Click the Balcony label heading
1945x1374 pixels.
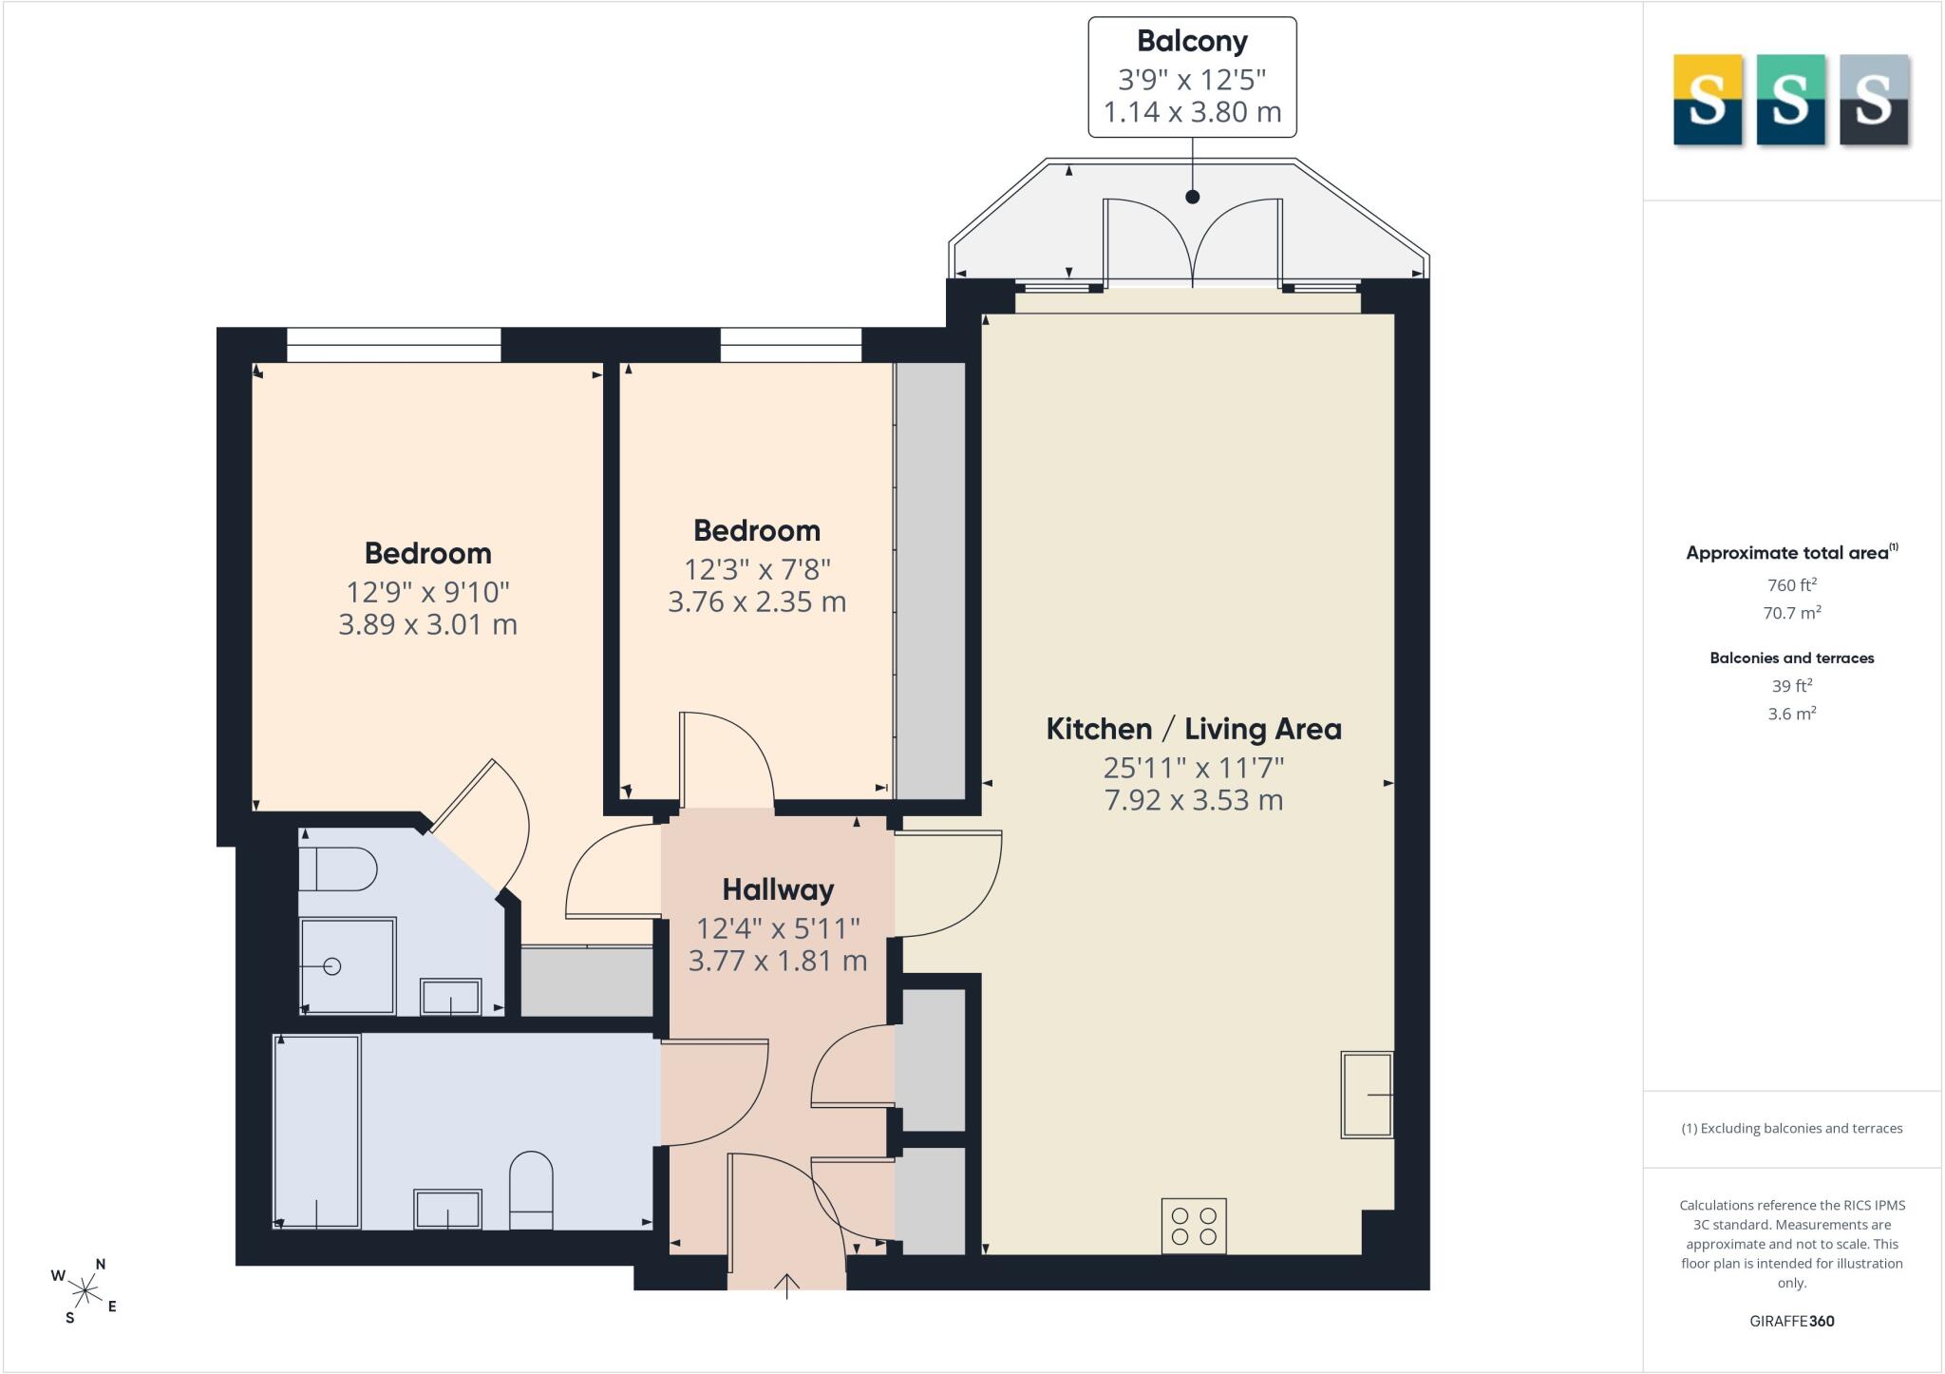[1192, 42]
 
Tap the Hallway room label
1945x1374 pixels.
[778, 890]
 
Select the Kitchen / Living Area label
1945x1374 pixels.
[1194, 729]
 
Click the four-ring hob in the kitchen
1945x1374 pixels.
[1194, 1226]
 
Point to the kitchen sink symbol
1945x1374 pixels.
[1367, 1095]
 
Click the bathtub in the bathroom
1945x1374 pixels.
[317, 1132]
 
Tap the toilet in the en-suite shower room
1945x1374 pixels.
[338, 869]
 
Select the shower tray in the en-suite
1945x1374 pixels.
[347, 966]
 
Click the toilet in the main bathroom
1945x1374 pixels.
[531, 1191]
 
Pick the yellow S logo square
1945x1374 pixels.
[1708, 100]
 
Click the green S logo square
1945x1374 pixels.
[1790, 100]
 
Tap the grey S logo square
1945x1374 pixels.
[1874, 100]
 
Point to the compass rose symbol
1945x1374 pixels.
[85, 1290]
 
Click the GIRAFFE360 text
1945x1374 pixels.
[1792, 1321]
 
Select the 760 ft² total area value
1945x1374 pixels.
[1792, 585]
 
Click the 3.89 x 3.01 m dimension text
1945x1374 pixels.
[428, 625]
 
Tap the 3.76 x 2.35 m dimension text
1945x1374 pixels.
[757, 602]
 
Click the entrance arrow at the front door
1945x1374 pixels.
[787, 1286]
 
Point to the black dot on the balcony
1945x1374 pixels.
[1193, 197]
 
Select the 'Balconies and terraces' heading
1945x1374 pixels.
[1792, 658]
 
